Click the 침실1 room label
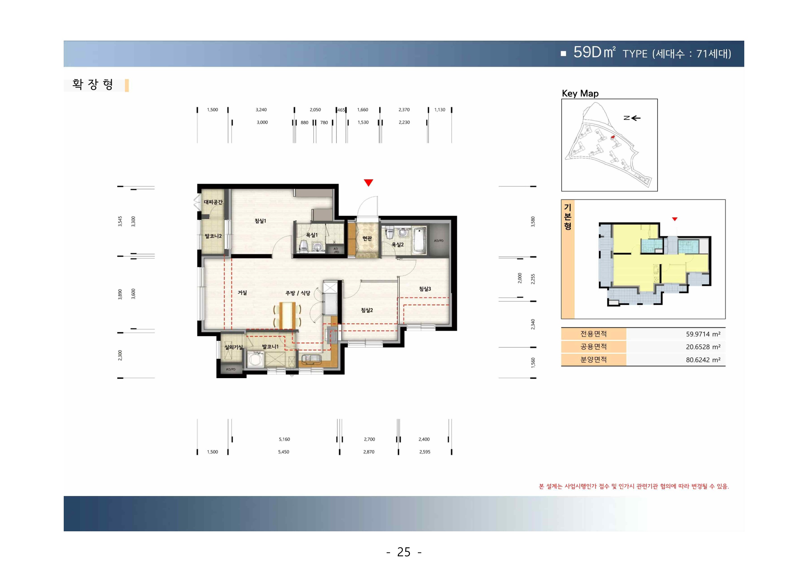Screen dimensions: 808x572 pos(260,221)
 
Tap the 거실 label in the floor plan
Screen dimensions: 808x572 pos(242,293)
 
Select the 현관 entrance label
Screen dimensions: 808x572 pos(367,238)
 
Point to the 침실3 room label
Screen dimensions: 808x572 pos(425,289)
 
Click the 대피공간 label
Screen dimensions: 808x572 pos(213,202)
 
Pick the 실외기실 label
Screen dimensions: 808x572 pos(234,347)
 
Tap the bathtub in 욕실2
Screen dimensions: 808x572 pos(419,241)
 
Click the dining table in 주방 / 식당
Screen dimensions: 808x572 pos(287,315)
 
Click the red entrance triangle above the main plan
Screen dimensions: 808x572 pos(369,182)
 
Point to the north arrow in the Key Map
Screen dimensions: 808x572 pos(633,118)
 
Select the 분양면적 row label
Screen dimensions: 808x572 pos(593,360)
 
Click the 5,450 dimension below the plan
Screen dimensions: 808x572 pos(284,452)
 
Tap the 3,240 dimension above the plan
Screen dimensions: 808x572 pos(261,110)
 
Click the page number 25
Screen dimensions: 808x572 pos(404,552)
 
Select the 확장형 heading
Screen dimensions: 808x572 pos(93,85)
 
